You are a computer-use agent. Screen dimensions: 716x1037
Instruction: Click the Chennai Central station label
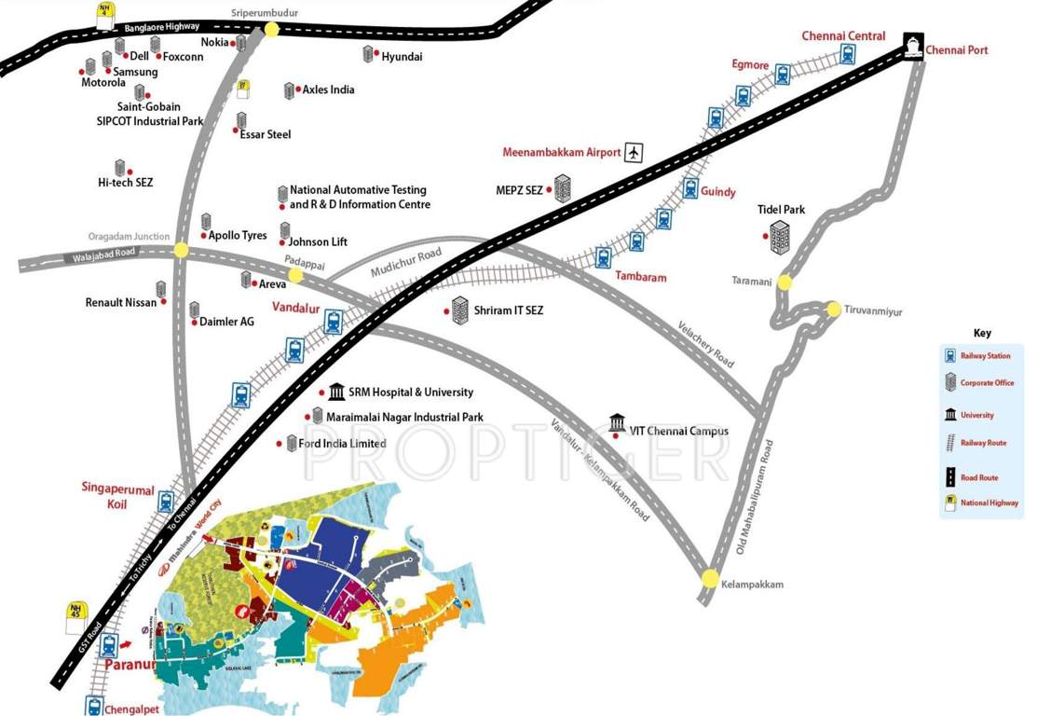pos(843,36)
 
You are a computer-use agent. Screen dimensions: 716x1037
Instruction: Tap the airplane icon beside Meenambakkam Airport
pos(634,152)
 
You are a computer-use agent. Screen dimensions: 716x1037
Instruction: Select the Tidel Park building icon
pos(780,238)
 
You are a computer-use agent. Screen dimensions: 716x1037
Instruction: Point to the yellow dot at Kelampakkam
pos(711,577)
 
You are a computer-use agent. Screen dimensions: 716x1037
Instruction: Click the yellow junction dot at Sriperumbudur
pos(271,29)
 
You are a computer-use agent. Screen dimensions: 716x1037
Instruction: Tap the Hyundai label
pos(402,57)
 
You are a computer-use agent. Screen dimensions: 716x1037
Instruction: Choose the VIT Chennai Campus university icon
pos(616,424)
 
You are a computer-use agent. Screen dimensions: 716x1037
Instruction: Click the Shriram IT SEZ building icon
pos(459,310)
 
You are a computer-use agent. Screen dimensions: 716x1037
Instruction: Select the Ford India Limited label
pos(342,444)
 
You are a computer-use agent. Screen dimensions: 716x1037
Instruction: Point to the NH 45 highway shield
pos(75,614)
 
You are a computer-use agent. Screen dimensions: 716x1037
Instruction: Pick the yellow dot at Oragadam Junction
pos(181,250)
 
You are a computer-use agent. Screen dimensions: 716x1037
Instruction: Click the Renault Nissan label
pos(122,303)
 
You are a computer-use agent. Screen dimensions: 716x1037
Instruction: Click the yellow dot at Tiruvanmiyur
pos(833,309)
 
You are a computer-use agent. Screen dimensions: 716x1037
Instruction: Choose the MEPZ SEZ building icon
pos(562,189)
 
